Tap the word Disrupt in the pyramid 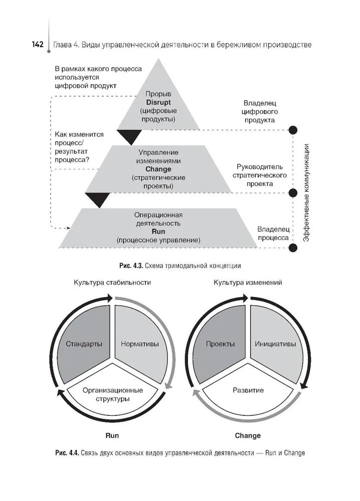coord(158,102)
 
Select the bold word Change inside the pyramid coord(158,169)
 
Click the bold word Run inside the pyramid coord(158,232)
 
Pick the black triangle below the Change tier coord(97,199)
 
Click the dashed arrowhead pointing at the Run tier coord(69,228)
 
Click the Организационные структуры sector coord(113,394)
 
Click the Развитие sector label coord(248,390)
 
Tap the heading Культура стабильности coord(112,283)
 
